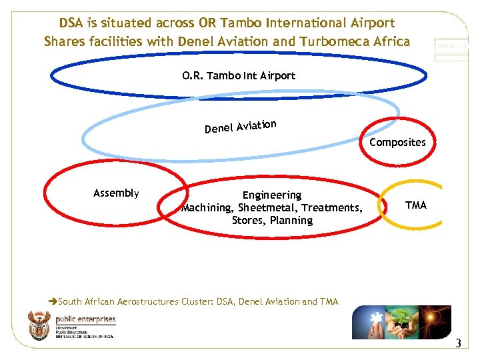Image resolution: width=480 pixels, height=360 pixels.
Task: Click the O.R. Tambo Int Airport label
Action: click(239, 75)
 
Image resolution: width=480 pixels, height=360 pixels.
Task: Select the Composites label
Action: click(397, 142)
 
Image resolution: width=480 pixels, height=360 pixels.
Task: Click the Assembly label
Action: click(116, 193)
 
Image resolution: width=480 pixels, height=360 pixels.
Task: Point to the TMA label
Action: click(415, 205)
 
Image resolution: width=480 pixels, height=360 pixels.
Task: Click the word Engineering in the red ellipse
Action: click(271, 195)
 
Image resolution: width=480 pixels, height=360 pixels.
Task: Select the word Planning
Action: click(291, 221)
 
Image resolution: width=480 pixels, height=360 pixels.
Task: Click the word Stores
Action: click(248, 221)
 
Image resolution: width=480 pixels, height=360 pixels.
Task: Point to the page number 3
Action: click(457, 344)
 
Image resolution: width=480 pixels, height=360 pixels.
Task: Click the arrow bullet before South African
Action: click(53, 301)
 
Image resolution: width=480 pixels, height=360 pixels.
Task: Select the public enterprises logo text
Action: click(85, 320)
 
